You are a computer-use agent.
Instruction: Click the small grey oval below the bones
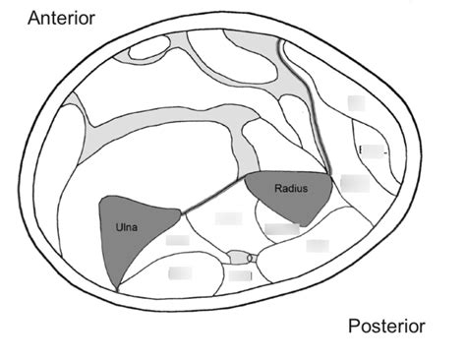point(237,258)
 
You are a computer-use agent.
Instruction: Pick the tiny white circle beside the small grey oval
point(252,258)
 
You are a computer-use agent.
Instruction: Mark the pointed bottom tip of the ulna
point(117,289)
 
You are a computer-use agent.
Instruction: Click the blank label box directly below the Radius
point(282,229)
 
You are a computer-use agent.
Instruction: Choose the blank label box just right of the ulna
point(177,239)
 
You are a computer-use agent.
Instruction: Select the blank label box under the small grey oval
point(240,276)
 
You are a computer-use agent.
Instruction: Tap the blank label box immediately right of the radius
point(353,182)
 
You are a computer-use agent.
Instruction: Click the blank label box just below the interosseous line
point(228,217)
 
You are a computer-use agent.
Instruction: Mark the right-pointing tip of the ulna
point(181,210)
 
